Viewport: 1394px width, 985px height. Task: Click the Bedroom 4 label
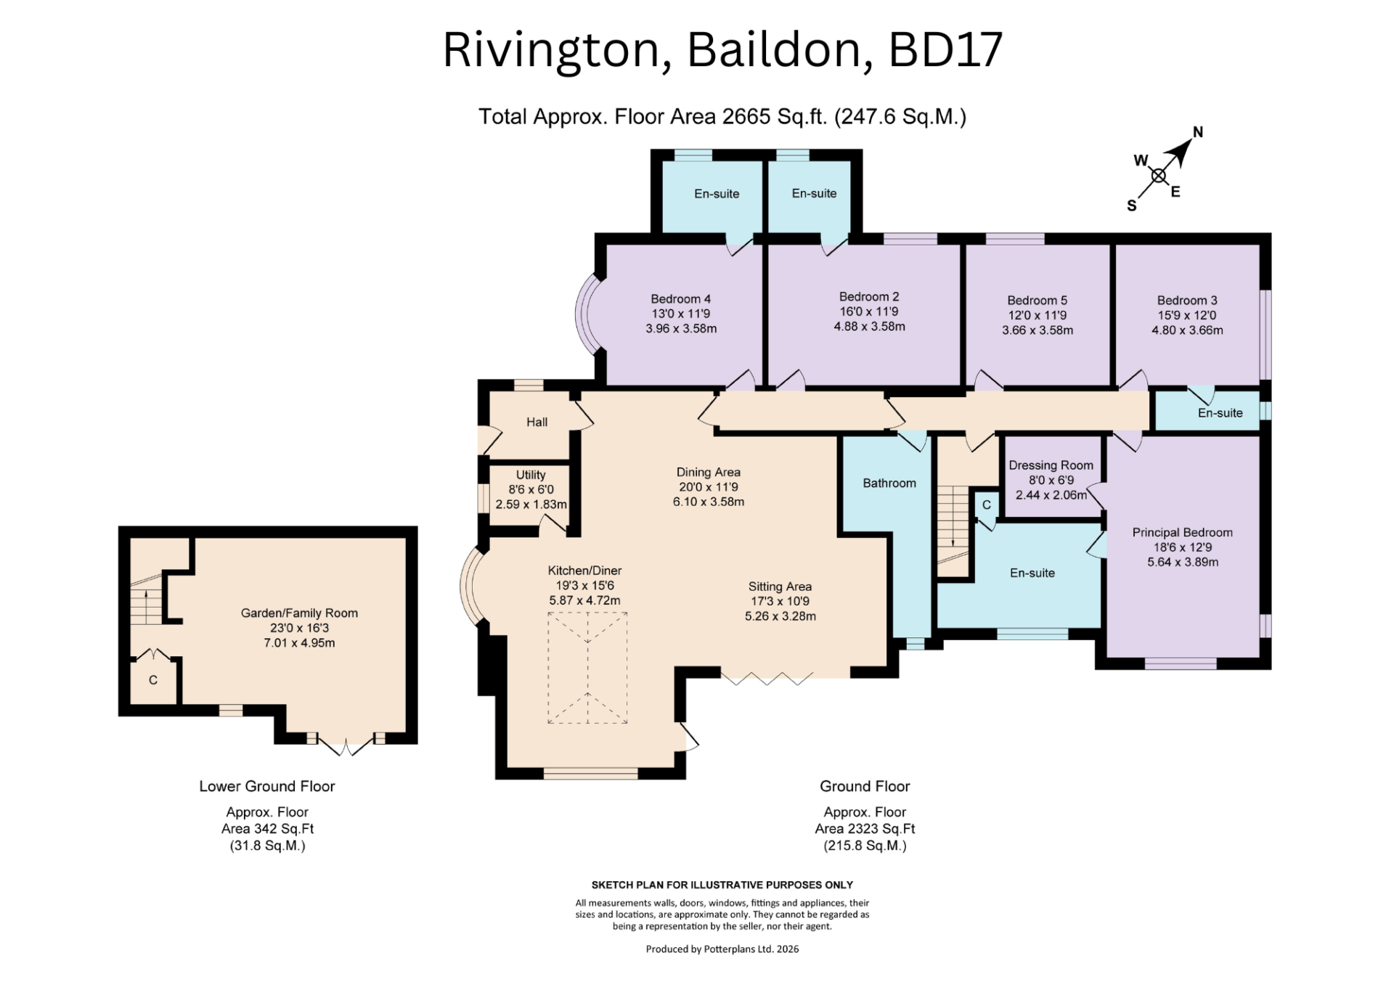[x=680, y=299]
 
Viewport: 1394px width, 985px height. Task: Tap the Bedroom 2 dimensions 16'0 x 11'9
[x=869, y=311]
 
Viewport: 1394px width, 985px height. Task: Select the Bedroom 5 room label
[x=1037, y=301]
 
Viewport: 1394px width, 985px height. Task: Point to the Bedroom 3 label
[x=1187, y=301]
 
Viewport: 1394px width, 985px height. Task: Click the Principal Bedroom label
[x=1182, y=533]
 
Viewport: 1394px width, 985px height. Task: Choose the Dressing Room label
[x=1051, y=465]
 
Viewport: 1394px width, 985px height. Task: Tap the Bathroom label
[x=889, y=483]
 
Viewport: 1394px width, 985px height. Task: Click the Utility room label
[x=531, y=475]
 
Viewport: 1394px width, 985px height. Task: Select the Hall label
[x=537, y=422]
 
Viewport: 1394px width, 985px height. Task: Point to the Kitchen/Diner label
[x=584, y=571]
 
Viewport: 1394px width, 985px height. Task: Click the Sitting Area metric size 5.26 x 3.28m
[x=780, y=616]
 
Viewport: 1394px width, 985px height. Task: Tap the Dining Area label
[x=708, y=473]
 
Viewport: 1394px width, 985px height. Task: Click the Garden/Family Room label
[x=299, y=613]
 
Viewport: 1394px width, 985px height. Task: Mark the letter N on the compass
[x=1198, y=132]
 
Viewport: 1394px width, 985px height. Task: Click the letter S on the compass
[x=1131, y=206]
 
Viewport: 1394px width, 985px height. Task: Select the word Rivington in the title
[x=551, y=51]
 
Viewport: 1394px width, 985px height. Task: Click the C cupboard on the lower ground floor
[x=152, y=680]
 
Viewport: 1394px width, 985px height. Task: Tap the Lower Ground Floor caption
[x=267, y=786]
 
